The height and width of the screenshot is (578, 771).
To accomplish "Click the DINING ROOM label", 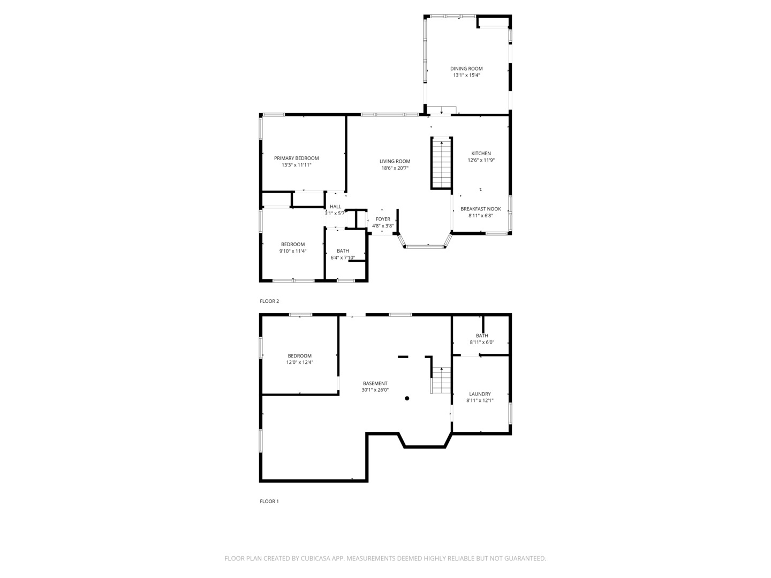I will point(466,69).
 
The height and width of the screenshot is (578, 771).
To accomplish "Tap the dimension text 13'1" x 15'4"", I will point(466,75).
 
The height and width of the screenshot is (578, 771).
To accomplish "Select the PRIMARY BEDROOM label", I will point(296,158).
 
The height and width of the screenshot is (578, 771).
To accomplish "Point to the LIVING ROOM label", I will point(395,161).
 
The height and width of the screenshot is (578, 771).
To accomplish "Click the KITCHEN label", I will point(481,154).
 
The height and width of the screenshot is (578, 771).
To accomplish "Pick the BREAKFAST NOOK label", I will point(481,209).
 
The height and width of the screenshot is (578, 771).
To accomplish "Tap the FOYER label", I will point(383,219).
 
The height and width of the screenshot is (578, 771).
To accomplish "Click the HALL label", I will point(335,207).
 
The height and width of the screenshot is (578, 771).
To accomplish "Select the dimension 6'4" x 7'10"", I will point(343,258).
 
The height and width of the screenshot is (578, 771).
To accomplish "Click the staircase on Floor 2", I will point(442,163).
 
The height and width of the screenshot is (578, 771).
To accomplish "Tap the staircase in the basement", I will point(442,381).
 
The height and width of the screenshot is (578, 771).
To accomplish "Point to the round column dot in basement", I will point(407,398).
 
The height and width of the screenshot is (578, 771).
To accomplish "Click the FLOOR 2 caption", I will point(269,301).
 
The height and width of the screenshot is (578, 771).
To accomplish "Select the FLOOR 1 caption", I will point(269,501).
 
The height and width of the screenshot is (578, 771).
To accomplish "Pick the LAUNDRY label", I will point(480,394).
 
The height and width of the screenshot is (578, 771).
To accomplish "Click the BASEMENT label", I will point(375,383).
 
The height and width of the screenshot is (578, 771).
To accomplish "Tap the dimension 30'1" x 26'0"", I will point(375,390).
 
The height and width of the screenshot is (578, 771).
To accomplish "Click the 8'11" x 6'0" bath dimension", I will point(482,343).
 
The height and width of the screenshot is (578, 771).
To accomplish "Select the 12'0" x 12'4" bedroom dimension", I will point(299,363).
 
